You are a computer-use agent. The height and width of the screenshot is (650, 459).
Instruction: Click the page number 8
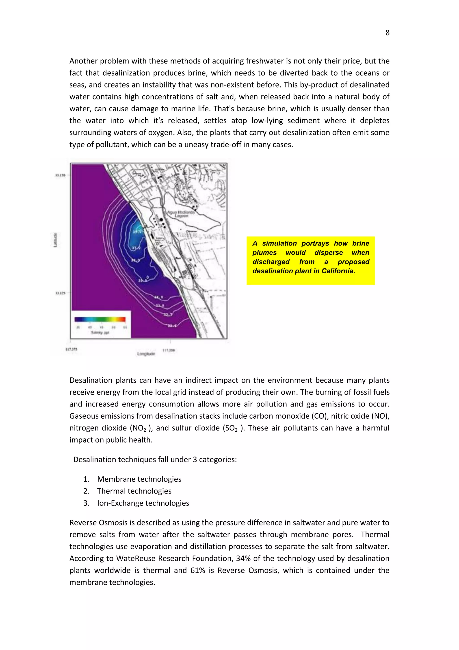pos(387,33)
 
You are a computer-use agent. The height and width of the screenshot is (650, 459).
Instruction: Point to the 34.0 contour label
pos(158,297)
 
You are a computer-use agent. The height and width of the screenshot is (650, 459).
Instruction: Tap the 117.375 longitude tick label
pos(71,349)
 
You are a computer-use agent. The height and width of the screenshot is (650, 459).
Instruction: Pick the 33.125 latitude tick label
pos(60,293)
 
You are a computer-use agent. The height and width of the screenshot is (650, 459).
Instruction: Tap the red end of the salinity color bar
pos(123,319)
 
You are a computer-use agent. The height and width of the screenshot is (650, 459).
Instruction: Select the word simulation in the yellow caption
pos(279,244)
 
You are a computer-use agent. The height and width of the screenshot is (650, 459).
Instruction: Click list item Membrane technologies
pos(139,479)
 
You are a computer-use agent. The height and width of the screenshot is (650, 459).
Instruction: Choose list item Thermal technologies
pos(134,491)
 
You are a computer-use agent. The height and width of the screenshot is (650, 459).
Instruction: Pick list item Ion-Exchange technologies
pos(143,503)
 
